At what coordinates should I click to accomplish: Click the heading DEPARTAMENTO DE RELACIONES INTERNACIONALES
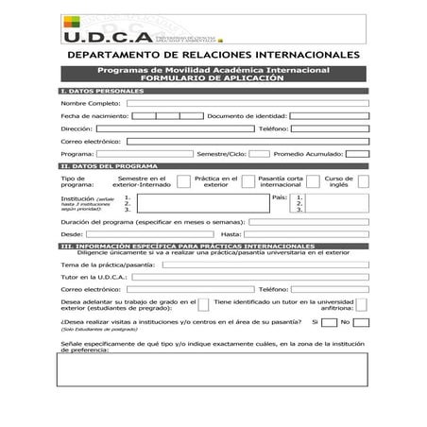(214, 57)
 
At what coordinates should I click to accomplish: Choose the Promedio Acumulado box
(357, 153)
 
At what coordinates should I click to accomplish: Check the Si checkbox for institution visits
(329, 322)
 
